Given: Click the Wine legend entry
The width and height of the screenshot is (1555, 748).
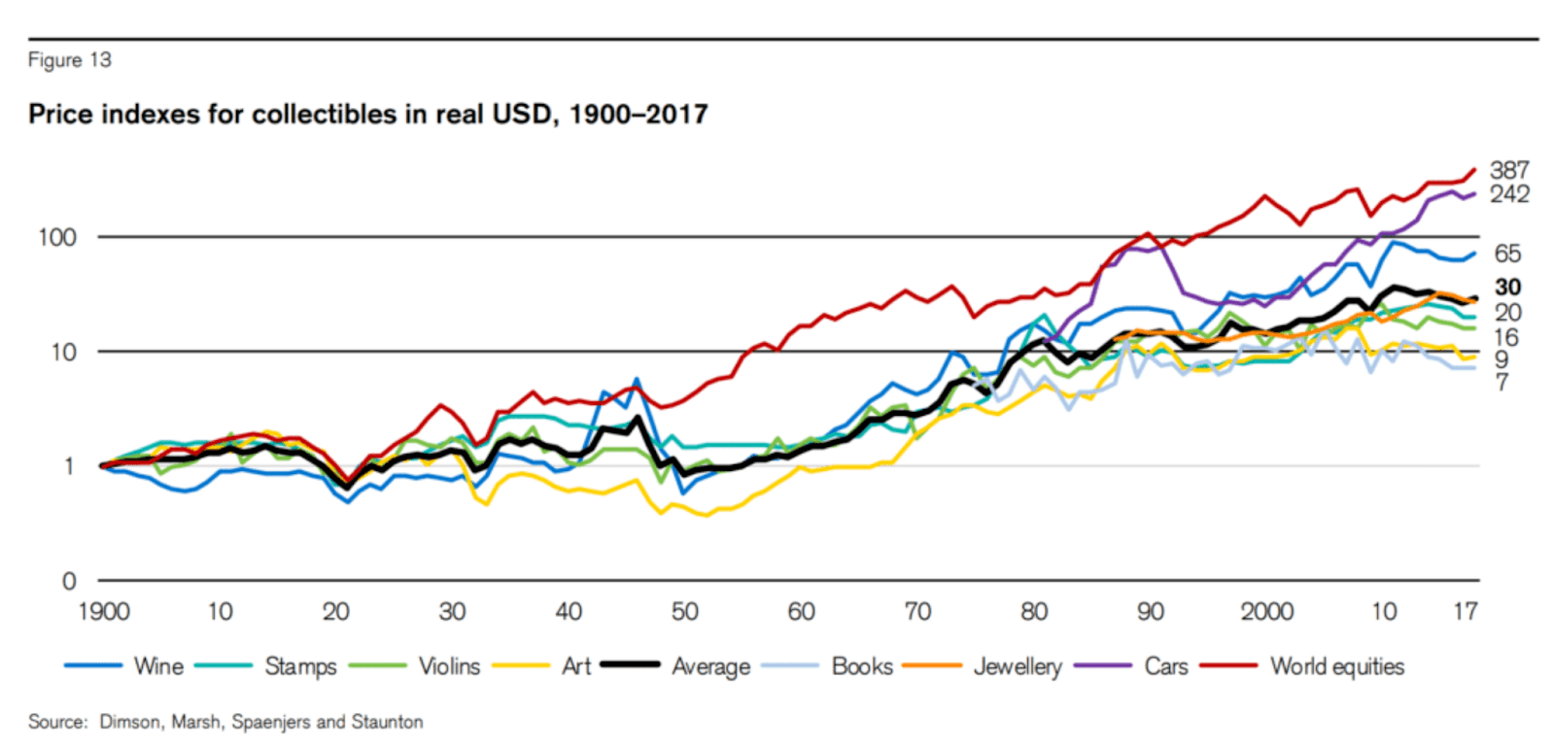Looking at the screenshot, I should point(158,666).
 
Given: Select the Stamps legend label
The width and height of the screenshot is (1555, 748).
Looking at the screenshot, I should point(300,666).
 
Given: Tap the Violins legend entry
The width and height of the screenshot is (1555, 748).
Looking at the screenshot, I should point(449,666).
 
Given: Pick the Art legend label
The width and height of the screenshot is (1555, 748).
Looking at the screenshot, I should point(576,666).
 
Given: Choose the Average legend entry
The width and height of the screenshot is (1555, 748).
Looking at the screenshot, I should point(710,666).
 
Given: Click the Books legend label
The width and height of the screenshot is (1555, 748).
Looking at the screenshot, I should point(862,666).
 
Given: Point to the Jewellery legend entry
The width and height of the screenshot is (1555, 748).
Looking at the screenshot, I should point(1018,666).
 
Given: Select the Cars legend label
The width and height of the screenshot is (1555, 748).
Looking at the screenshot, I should point(1166,666).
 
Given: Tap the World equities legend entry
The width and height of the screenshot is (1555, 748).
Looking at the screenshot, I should point(1337,666).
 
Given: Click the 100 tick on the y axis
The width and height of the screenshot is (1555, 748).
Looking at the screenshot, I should point(56,237).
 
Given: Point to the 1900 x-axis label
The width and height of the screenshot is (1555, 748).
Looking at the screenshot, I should point(103,611).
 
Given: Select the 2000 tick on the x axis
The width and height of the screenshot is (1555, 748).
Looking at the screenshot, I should point(1266,611).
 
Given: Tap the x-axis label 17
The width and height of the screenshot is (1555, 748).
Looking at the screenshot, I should point(1465,611).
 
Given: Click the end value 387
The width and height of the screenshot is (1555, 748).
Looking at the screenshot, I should point(1509,170).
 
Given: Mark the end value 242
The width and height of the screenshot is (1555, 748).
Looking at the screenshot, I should point(1509,194).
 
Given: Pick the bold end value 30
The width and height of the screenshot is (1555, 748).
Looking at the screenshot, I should point(1507,287).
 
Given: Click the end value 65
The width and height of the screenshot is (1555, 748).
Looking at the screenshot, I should point(1507,254).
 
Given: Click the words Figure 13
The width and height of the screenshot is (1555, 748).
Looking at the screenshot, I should point(70,60).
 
